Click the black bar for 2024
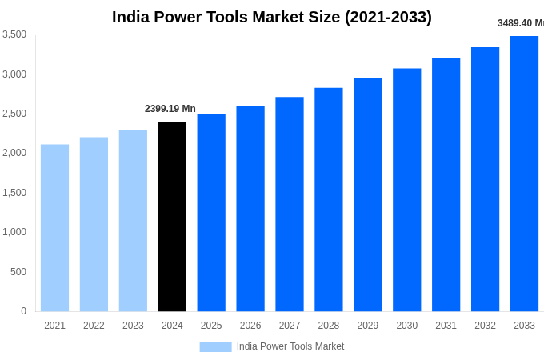pyautogui.click(x=172, y=217)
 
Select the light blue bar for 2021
pyautogui.click(x=54, y=228)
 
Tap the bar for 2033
pyautogui.click(x=524, y=174)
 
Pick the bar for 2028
pyautogui.click(x=328, y=200)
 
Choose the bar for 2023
pyautogui.click(x=133, y=221)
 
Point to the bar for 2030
pyautogui.click(x=406, y=190)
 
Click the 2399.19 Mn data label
pyautogui.click(x=170, y=109)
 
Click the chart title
pyautogui.click(x=272, y=17)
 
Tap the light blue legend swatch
pyautogui.click(x=215, y=347)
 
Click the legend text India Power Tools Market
pyautogui.click(x=290, y=346)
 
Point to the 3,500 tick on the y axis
pyautogui.click(x=14, y=34)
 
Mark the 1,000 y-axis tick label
pyautogui.click(x=14, y=232)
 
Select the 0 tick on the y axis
pyautogui.click(x=23, y=311)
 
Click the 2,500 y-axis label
pyautogui.click(x=14, y=114)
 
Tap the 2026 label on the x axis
pyautogui.click(x=250, y=326)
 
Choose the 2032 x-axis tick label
pyautogui.click(x=485, y=326)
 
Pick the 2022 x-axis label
pyautogui.click(x=94, y=326)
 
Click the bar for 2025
pyautogui.click(x=211, y=213)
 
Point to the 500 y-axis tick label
pyautogui.click(x=18, y=272)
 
